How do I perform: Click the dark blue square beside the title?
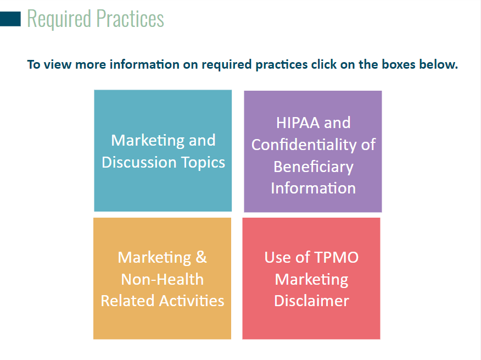[10, 19]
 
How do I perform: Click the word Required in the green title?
[59, 19]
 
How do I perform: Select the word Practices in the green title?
[130, 19]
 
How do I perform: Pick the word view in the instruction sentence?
[58, 64]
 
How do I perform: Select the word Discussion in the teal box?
[139, 162]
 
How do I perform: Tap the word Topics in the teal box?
[203, 163]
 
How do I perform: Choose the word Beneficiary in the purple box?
[314, 167]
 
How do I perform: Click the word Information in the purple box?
[313, 188]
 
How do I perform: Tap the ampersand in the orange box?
[201, 257]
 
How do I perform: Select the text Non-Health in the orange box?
[163, 280]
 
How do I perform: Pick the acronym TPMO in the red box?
[336, 257]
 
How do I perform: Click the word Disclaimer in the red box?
[311, 301]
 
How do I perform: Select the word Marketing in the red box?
[311, 280]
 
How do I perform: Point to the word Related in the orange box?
[127, 301]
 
